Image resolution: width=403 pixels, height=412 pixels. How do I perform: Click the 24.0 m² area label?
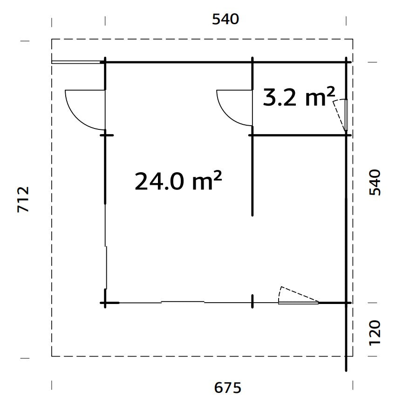pos(178,181)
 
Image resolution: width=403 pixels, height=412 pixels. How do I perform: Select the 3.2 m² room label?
pos(299,97)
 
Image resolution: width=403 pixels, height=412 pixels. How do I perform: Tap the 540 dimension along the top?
pos(225,20)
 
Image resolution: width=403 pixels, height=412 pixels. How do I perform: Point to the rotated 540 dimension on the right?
pos(375,182)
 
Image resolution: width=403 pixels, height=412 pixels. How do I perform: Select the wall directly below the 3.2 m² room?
pos(298,135)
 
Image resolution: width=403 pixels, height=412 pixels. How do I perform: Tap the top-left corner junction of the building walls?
pos(105,61)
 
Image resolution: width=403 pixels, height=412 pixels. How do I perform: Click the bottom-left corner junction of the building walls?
pos(105,303)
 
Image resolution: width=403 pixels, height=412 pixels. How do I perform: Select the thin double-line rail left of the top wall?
pos(77,61)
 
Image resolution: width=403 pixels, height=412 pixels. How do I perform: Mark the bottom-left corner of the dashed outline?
pos(52,356)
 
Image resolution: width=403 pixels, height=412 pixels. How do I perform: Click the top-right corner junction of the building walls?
pos(347,61)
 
